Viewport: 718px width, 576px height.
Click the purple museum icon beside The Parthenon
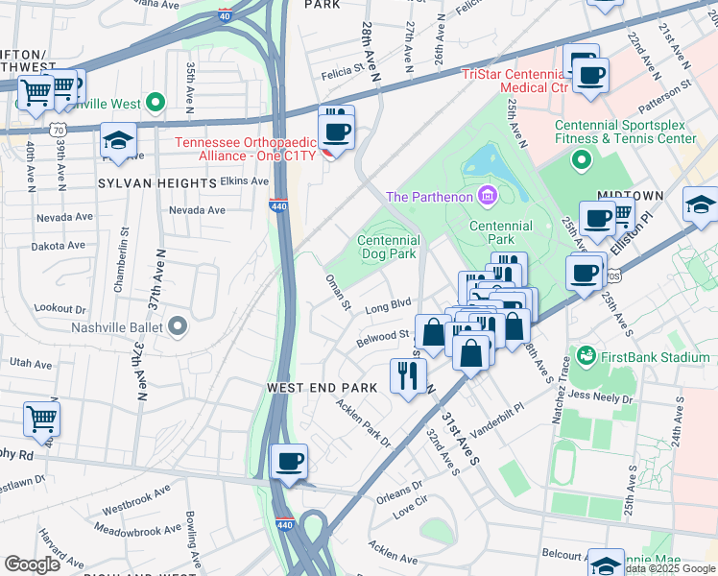coord(489,197)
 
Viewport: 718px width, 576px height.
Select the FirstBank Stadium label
coord(654,357)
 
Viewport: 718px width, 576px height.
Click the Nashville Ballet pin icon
coord(178,327)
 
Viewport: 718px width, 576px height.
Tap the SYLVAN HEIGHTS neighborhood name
coord(156,182)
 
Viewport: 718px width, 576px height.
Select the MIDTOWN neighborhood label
coord(633,196)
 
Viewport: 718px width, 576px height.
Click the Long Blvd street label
coord(389,307)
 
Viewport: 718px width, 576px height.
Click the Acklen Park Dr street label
coord(363,422)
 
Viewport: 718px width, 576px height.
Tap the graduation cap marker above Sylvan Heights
coord(117,141)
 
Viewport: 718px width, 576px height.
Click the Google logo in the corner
coord(32,564)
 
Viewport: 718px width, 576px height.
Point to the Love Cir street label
coord(416,509)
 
